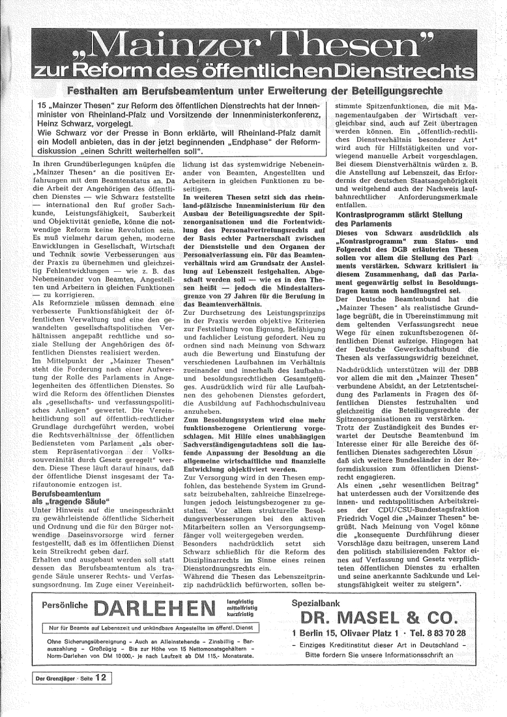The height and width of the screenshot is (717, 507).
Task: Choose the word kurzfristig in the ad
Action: [x=240, y=596]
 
